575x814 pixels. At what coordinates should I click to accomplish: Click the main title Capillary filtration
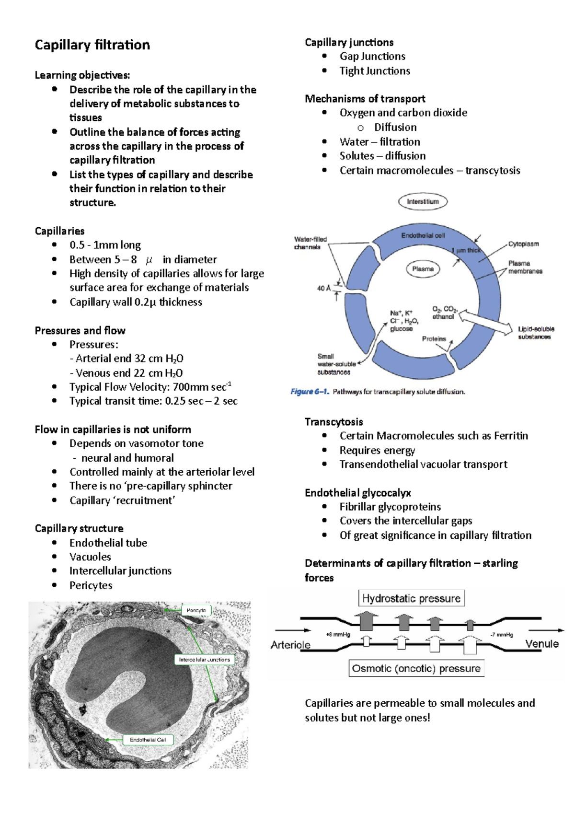pyautogui.click(x=92, y=45)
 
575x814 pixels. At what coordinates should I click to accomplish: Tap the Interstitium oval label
pyautogui.click(x=423, y=201)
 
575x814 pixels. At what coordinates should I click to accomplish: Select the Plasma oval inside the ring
pyautogui.click(x=423, y=269)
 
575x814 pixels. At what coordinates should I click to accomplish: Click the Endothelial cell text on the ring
pyautogui.click(x=423, y=235)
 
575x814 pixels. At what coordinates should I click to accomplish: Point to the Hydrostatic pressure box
pyautogui.click(x=411, y=598)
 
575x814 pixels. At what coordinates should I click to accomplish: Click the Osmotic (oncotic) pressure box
pyautogui.click(x=416, y=668)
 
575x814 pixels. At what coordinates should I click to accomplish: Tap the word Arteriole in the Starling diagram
pyautogui.click(x=290, y=645)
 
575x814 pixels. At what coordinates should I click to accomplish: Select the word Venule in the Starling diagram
pyautogui.click(x=542, y=644)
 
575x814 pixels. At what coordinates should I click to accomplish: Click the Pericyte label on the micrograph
pyautogui.click(x=196, y=610)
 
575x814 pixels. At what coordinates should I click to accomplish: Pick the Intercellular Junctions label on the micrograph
pyautogui.click(x=205, y=660)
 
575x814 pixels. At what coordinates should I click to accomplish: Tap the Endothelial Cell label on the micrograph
pyautogui.click(x=148, y=740)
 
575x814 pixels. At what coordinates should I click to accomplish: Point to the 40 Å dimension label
pyautogui.click(x=323, y=288)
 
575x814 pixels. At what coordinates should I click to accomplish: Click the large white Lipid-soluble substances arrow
pyautogui.click(x=486, y=322)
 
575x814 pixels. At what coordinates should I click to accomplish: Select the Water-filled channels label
pyautogui.click(x=310, y=243)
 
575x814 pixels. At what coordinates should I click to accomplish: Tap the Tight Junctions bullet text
pyautogui.click(x=375, y=71)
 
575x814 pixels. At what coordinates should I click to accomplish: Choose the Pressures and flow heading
pyautogui.click(x=80, y=331)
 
